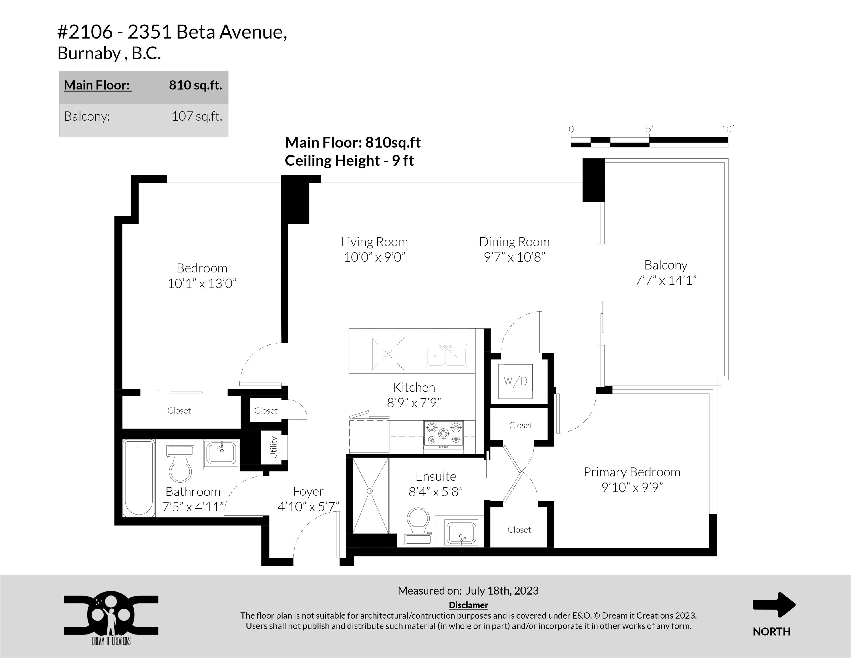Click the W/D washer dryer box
pyautogui.click(x=516, y=382)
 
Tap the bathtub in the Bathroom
pyautogui.click(x=139, y=478)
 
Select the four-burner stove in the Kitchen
pyautogui.click(x=443, y=435)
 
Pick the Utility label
pyautogui.click(x=273, y=447)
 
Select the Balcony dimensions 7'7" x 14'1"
pyautogui.click(x=665, y=280)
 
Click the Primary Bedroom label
pyautogui.click(x=632, y=472)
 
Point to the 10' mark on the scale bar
pyautogui.click(x=727, y=129)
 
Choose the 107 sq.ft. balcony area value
pyautogui.click(x=197, y=116)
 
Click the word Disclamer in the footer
pyautogui.click(x=468, y=605)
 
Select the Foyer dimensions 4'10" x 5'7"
pyautogui.click(x=308, y=506)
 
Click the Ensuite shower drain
pyautogui.click(x=370, y=491)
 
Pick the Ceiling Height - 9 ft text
pyautogui.click(x=349, y=161)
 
